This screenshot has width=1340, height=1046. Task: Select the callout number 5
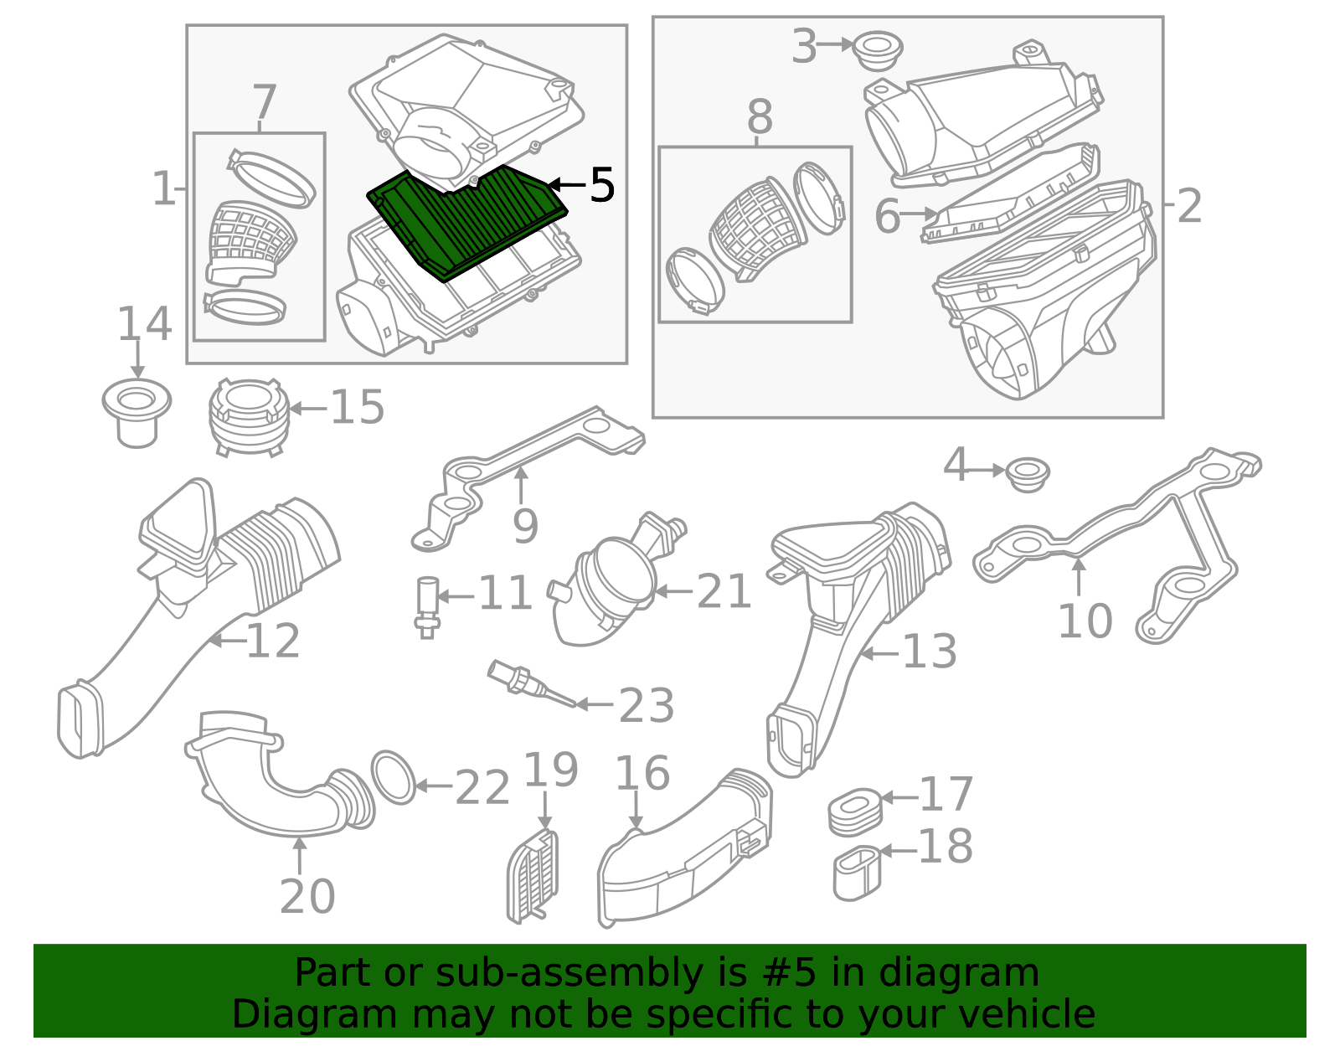[x=602, y=185]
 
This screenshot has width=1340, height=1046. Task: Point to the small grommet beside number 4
[x=1027, y=475]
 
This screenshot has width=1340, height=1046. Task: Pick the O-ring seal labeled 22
[x=393, y=777]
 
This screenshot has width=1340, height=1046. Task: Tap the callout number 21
[x=724, y=592]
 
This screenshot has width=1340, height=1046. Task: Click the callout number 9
[x=525, y=526]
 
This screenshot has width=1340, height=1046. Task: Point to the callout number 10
[x=1085, y=621]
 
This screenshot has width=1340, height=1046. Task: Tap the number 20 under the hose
[x=307, y=897]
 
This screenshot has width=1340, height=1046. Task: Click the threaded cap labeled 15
[x=247, y=416]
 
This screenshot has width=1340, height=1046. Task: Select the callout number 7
[x=264, y=104]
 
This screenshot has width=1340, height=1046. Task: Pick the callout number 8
[x=760, y=118]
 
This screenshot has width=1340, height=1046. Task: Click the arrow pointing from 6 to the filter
[x=919, y=214]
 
